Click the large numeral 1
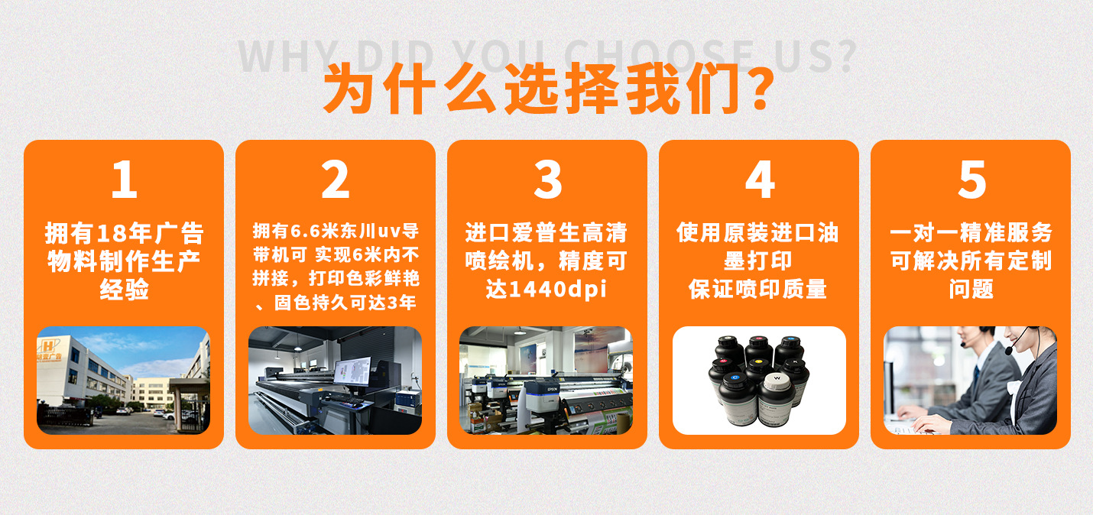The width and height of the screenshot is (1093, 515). [x=124, y=180]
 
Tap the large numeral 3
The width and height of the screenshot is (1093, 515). [x=547, y=180]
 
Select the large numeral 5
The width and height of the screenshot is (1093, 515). [x=971, y=180]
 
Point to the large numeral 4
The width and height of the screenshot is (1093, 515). [x=759, y=180]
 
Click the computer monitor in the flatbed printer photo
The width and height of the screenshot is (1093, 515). [x=352, y=373]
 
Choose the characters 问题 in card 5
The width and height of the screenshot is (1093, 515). [x=971, y=290]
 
